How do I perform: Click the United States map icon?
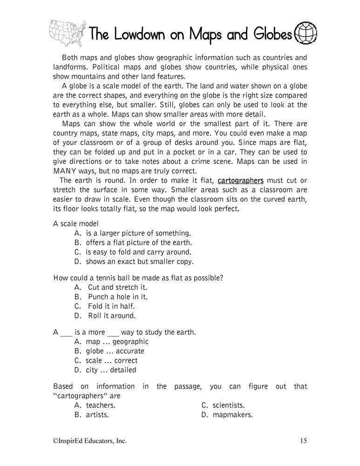(x=67, y=30)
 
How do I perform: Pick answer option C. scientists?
(x=223, y=405)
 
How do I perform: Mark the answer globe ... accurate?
(x=109, y=351)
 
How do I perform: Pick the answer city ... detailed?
(x=105, y=370)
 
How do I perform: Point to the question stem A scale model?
(x=76, y=224)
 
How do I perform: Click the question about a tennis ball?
(x=138, y=278)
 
